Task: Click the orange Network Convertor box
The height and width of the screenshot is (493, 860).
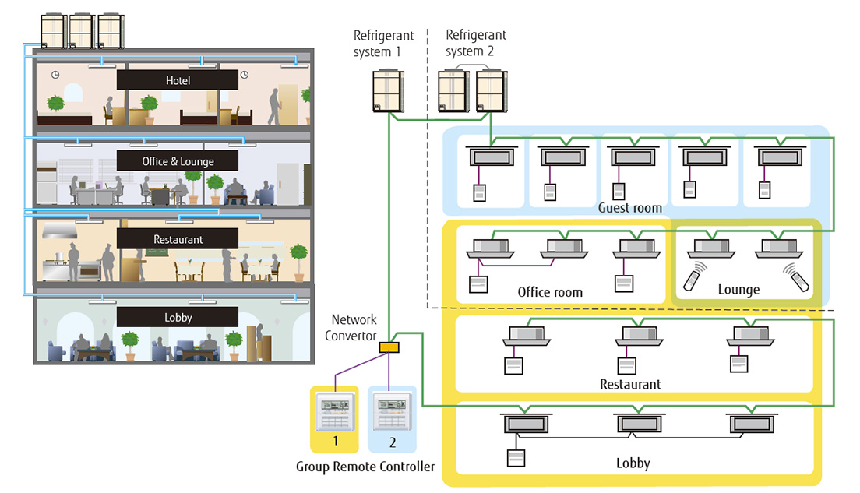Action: point(389,347)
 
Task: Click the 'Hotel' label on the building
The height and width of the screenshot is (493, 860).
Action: point(178,80)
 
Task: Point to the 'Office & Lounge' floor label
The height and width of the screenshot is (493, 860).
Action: point(178,161)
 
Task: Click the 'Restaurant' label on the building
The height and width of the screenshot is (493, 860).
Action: point(178,239)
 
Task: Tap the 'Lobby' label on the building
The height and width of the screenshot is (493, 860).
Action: point(178,317)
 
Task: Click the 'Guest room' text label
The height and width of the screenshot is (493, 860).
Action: point(630,208)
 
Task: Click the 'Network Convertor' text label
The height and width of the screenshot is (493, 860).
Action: point(354,327)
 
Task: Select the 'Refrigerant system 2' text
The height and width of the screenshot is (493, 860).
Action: point(475,44)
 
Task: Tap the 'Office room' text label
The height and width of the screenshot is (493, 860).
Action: point(550,292)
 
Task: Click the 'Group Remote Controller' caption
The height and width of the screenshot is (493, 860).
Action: point(365,467)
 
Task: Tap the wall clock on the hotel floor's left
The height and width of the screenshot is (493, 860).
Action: point(55,75)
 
